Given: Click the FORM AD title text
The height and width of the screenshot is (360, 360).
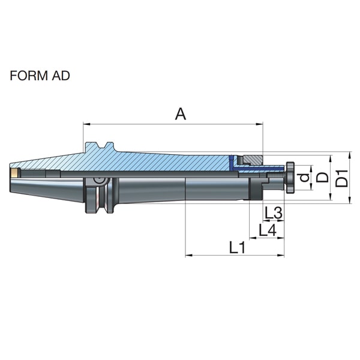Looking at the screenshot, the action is [x=40, y=76].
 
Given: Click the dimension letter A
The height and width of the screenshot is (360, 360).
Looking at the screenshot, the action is [x=181, y=114].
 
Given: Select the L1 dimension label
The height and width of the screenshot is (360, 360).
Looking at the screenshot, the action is [x=238, y=247].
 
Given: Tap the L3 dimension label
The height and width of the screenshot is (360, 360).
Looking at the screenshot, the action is [x=273, y=212].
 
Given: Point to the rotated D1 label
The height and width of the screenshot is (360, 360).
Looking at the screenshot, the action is [x=342, y=178].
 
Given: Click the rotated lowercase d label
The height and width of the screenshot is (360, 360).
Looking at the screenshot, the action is [x=305, y=178].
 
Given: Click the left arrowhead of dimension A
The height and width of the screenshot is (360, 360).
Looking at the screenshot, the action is [x=86, y=124].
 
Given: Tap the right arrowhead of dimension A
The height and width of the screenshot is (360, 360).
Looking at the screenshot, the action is [x=259, y=124].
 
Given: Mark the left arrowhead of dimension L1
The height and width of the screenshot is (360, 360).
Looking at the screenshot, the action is [x=189, y=255].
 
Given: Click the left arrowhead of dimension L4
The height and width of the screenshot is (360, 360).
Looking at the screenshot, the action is [x=253, y=238].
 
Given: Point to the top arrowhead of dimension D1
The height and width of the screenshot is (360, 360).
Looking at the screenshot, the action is [x=350, y=155].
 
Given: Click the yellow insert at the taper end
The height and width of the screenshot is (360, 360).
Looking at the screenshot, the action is [x=14, y=173].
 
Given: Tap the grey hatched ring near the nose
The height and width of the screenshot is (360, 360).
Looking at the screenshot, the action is [x=253, y=160].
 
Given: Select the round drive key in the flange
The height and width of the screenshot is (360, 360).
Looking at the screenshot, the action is [x=100, y=180].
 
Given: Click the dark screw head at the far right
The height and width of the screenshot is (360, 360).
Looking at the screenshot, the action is [x=290, y=178].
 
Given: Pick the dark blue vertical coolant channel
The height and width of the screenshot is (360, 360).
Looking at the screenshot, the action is [x=231, y=163].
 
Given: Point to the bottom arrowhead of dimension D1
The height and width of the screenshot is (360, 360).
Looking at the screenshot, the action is [x=350, y=200].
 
